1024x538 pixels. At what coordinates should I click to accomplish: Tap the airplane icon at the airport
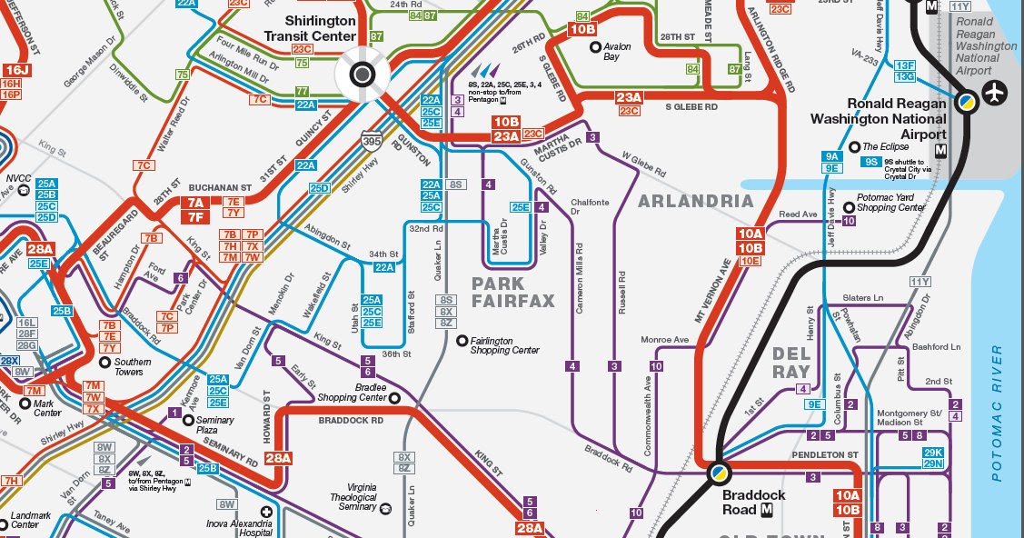click(997, 92)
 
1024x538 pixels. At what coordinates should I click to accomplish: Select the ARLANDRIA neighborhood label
click(695, 201)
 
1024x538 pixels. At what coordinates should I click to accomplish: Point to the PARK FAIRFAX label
click(512, 293)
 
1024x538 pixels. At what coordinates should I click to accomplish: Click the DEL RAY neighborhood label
click(790, 362)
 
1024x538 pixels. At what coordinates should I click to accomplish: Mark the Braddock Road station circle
click(720, 472)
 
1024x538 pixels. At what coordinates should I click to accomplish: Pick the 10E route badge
click(750, 261)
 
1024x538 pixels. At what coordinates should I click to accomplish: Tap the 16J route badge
click(13, 70)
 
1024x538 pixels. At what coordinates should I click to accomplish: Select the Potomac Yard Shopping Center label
click(890, 207)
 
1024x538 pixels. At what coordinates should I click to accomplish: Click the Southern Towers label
click(132, 367)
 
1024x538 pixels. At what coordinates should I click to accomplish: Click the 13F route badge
click(904, 65)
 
